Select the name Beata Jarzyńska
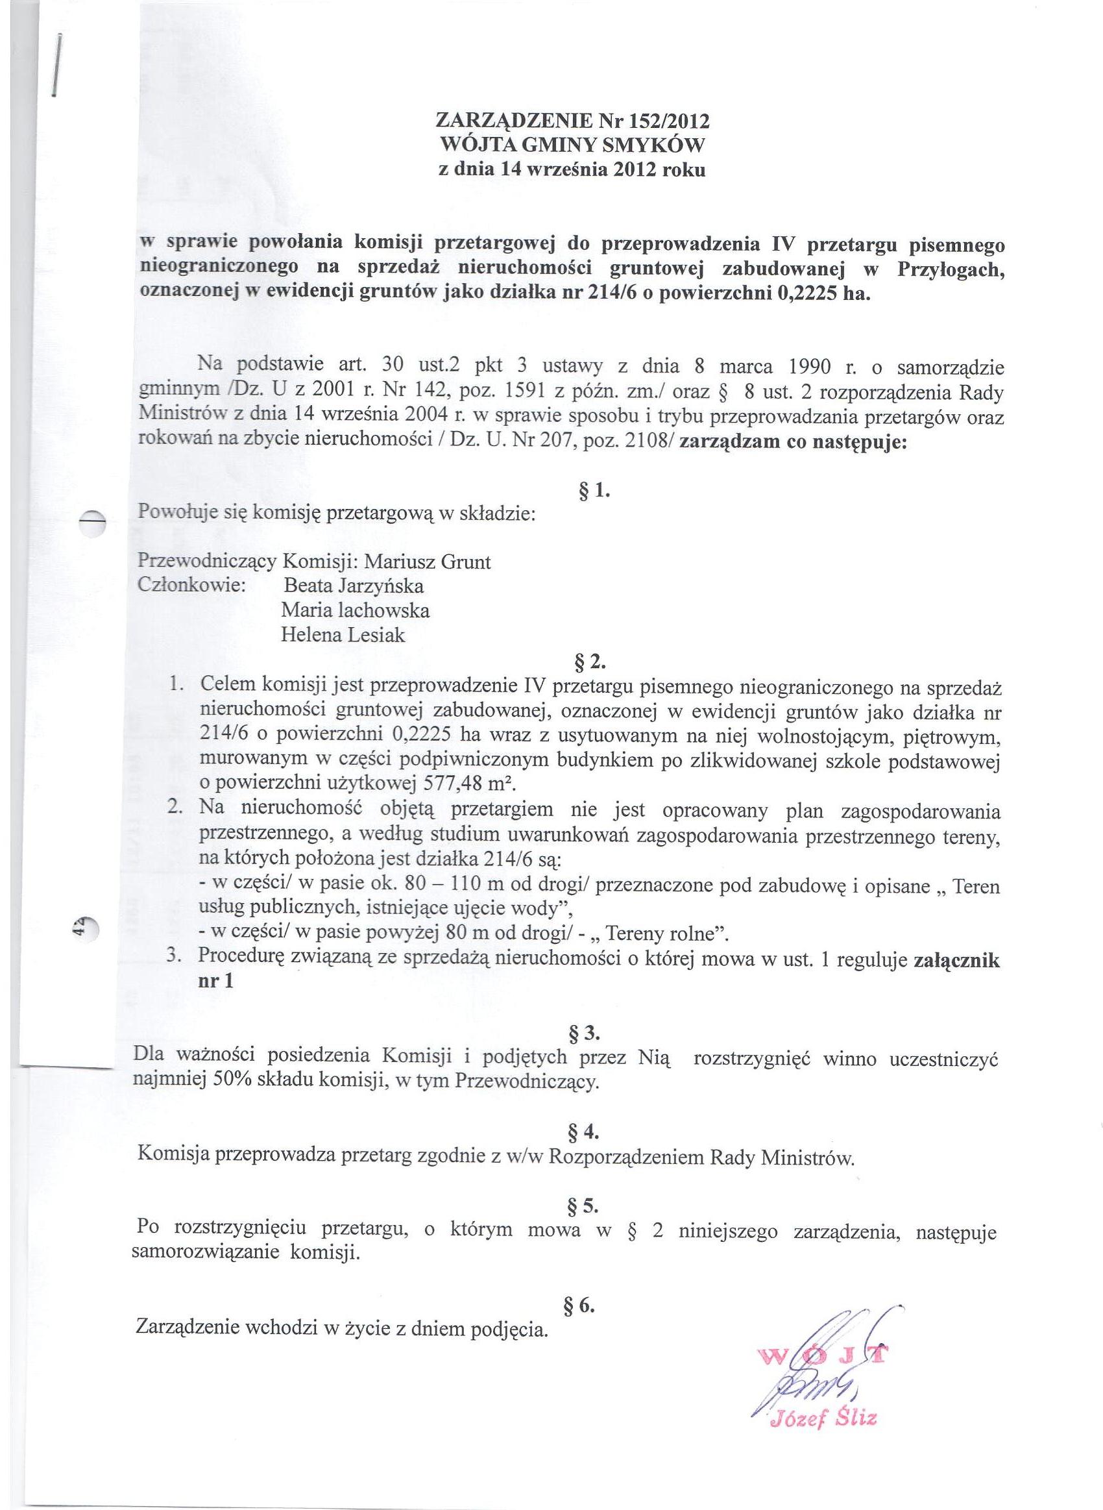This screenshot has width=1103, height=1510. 354,586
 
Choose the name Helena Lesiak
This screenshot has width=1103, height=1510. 343,634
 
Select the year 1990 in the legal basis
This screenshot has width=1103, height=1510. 810,367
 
